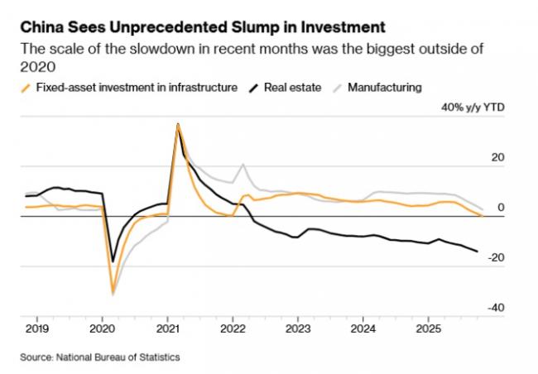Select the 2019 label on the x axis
point(36,327)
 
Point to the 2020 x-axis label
point(102,327)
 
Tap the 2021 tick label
point(167,327)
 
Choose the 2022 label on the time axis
point(233,327)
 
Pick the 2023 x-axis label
point(298,327)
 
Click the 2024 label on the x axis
point(363,327)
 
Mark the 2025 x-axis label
point(429,327)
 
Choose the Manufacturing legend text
point(385,87)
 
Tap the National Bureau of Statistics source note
point(98,357)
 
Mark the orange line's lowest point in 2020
point(113,292)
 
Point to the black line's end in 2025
point(477,252)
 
